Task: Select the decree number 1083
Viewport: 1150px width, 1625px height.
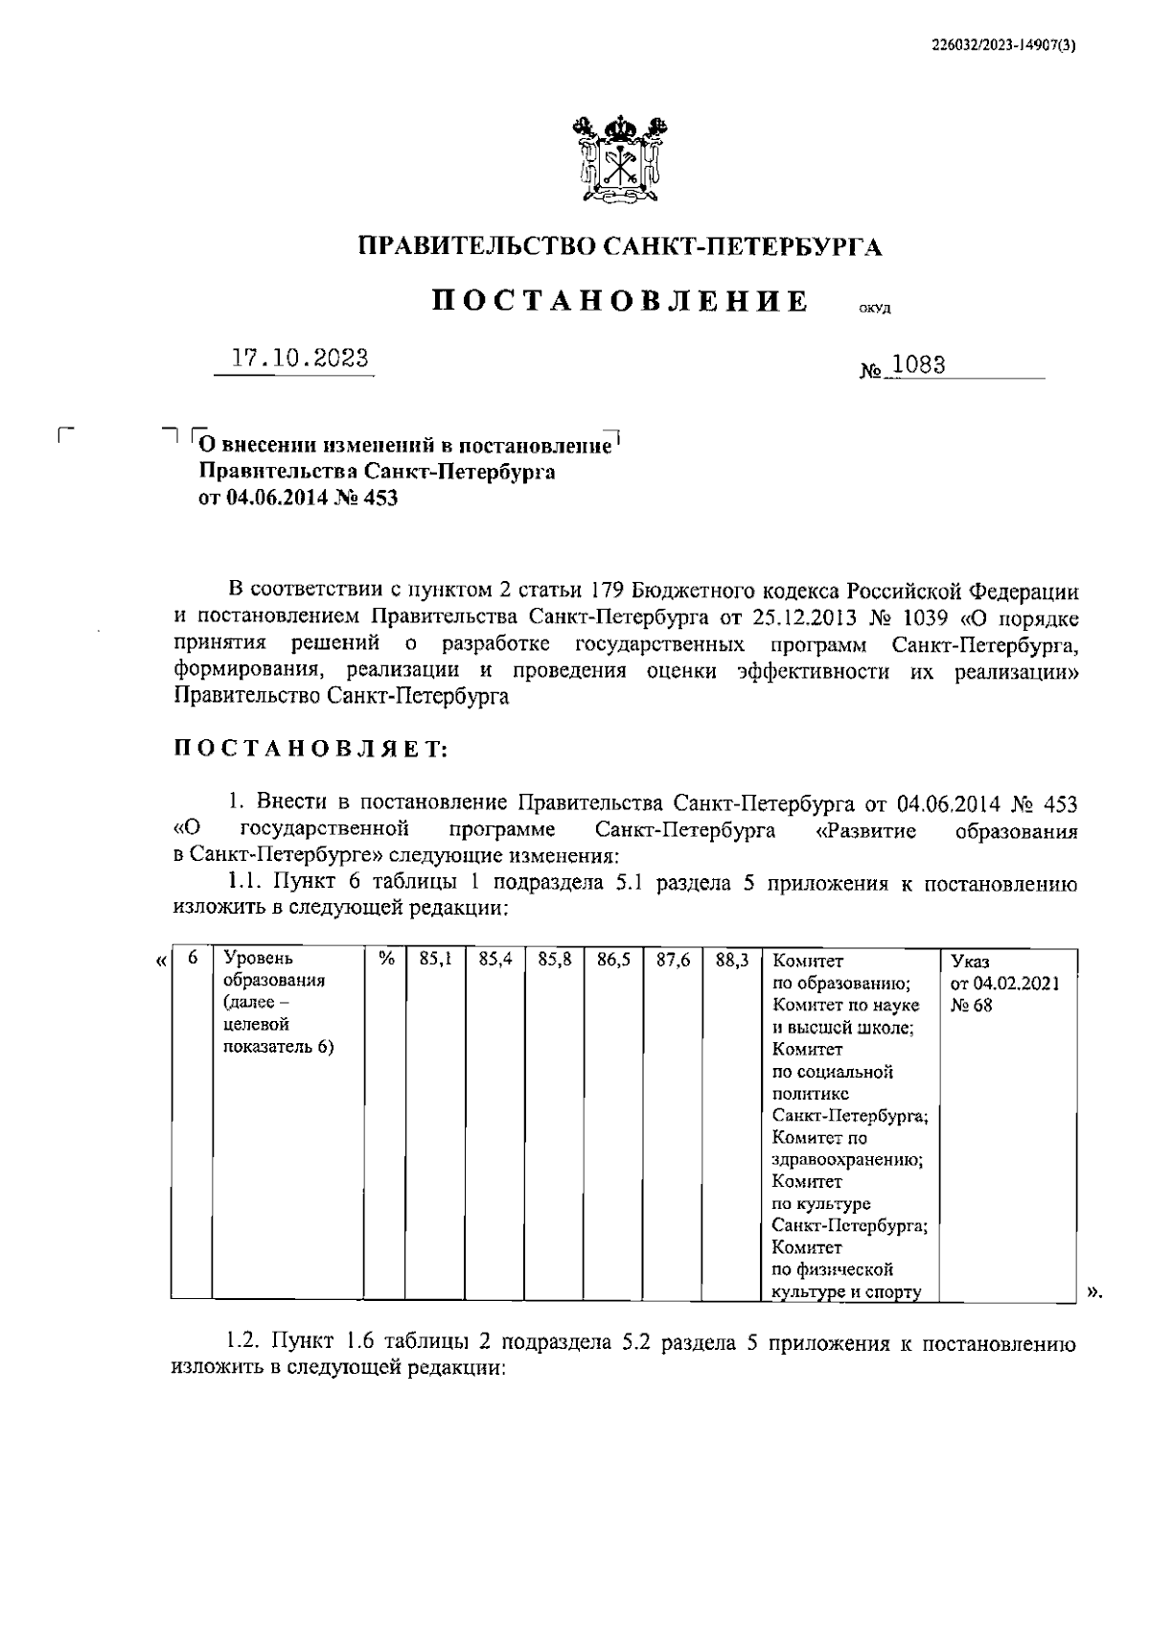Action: pos(918,365)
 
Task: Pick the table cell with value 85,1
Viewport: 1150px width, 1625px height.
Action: pos(436,959)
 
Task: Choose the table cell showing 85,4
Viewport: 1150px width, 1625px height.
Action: pos(494,959)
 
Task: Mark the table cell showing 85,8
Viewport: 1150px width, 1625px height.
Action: pos(555,959)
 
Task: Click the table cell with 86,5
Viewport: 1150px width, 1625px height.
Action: pos(613,959)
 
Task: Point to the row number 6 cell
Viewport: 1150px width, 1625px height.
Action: pos(193,959)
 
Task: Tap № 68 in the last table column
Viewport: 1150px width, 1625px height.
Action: pos(972,1006)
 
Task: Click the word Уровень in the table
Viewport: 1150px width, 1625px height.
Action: pos(258,959)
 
